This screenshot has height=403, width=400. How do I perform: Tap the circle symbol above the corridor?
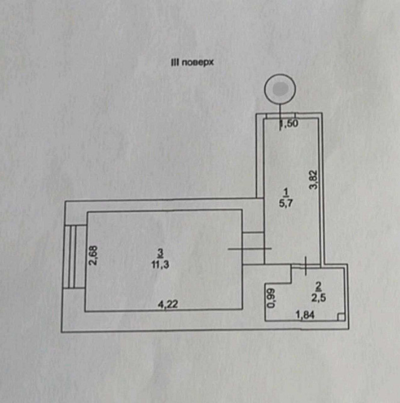tap(281, 90)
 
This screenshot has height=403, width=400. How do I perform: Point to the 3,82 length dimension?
tap(313, 180)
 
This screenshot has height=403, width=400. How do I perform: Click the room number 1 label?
tap(286, 191)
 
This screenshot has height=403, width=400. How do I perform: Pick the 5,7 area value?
tap(286, 203)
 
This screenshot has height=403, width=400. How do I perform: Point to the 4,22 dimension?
tap(168, 304)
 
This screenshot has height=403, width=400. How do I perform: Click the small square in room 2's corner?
tap(340, 318)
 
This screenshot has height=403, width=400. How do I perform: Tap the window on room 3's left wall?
tap(72, 257)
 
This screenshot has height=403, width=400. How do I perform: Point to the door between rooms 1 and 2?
tap(306, 265)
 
